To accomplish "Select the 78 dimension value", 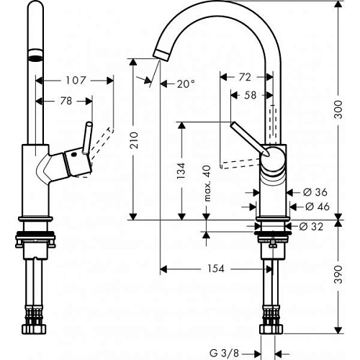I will click(66, 102).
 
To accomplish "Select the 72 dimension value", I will click(245, 76).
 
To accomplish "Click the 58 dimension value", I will click(250, 94).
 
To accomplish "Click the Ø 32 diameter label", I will click(310, 226).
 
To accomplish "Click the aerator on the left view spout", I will click(31, 55).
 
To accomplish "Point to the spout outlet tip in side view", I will click(160, 51).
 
